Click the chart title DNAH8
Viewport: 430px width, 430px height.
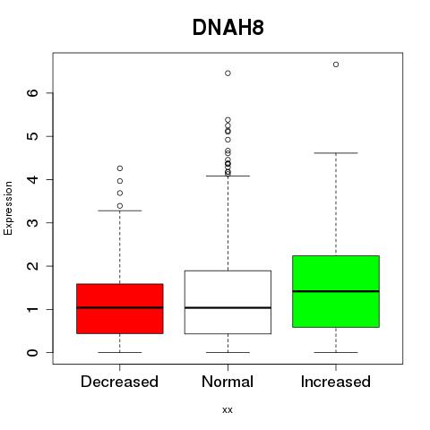point(228,28)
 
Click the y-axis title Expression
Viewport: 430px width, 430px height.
point(8,208)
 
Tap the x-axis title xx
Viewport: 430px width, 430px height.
point(228,410)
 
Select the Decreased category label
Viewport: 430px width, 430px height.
point(119,382)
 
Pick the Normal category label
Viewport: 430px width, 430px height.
point(228,382)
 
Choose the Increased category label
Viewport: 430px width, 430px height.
point(336,382)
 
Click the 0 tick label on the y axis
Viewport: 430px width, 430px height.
point(33,353)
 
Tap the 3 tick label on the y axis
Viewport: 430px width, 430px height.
point(33,223)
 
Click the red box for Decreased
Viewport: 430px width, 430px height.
point(120,309)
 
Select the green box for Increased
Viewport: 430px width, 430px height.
point(336,291)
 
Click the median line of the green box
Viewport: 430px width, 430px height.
point(336,291)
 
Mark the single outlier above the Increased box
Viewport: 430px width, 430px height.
point(336,64)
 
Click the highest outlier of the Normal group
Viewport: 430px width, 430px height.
point(228,73)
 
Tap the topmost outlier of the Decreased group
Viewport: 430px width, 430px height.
point(120,168)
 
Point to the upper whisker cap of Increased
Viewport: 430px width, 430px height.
point(336,153)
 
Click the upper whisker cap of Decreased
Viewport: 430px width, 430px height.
point(120,211)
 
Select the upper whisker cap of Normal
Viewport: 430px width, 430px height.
point(228,176)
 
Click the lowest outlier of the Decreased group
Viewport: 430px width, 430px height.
point(120,206)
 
